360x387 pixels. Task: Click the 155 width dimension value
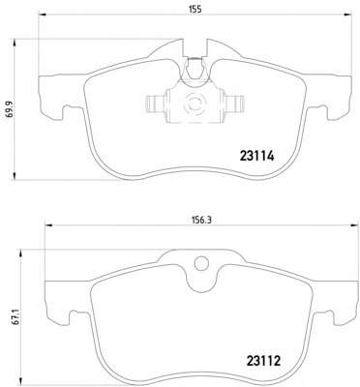(x=195, y=9)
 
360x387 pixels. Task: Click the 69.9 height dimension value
(x=10, y=108)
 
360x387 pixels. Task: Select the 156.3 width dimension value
(x=201, y=220)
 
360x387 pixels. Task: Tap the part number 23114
(x=256, y=157)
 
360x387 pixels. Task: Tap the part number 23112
(x=263, y=361)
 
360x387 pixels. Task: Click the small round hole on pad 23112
(x=201, y=263)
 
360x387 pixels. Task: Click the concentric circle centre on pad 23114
(x=195, y=104)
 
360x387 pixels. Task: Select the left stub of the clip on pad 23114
(x=156, y=104)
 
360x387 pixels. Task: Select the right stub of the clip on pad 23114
(x=234, y=104)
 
